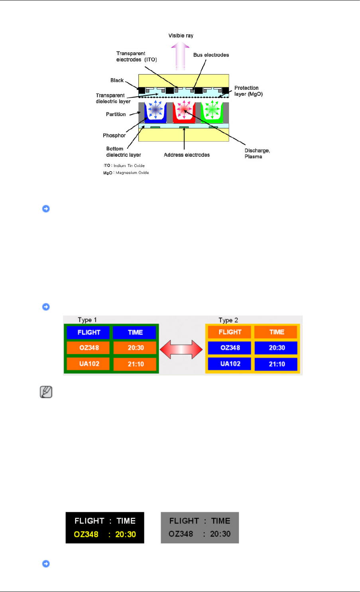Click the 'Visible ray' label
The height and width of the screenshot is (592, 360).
181,36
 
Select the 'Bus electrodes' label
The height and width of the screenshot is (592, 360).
211,55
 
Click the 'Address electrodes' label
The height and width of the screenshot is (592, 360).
187,155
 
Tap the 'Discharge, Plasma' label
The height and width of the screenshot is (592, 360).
257,154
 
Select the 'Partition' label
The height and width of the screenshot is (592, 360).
116,114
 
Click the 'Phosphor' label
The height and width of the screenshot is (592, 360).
114,136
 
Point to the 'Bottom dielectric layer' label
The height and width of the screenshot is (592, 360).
124,152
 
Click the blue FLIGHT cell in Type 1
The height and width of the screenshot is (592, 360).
89,332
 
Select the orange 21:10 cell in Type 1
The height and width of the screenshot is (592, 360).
136,364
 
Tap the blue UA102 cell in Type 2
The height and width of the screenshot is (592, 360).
230,364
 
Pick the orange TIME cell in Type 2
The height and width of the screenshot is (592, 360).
277,332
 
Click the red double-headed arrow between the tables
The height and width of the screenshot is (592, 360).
181,349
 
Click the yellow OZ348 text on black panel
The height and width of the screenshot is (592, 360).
86,534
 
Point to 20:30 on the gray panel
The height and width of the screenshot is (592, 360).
220,534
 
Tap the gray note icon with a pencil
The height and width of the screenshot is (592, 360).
46,393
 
